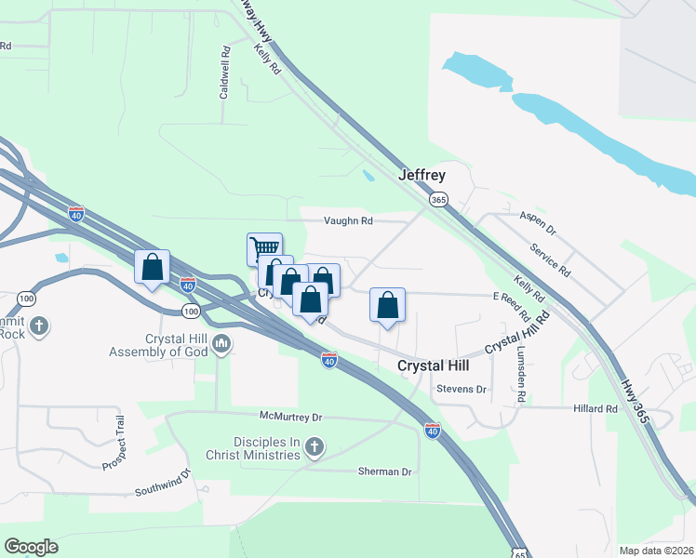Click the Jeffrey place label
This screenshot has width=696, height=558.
[x=422, y=175]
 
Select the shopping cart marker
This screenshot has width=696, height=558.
[x=264, y=247]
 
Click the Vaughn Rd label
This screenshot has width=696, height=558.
[x=348, y=221]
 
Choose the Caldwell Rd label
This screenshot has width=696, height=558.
[x=224, y=80]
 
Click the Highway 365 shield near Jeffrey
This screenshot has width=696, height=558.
[x=439, y=200]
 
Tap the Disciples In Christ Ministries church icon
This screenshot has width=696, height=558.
[x=315, y=448]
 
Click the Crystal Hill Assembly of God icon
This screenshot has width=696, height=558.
[x=221, y=344]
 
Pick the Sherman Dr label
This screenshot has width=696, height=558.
[x=384, y=472]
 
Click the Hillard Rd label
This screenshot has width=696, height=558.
[x=596, y=408]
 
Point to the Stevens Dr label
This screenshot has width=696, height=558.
[x=462, y=389]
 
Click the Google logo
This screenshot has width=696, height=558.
[x=31, y=546]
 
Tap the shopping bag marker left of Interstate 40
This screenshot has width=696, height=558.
[x=152, y=268]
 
